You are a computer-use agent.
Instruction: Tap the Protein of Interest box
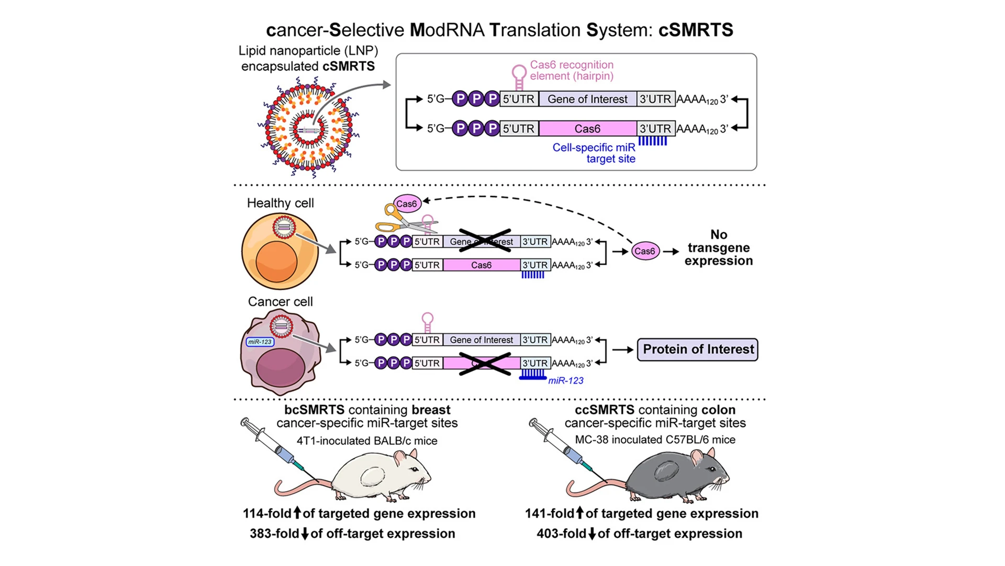(697, 350)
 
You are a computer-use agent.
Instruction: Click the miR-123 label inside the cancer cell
(260, 342)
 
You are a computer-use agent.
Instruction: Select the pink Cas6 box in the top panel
(587, 128)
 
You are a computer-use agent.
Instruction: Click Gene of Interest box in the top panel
(587, 99)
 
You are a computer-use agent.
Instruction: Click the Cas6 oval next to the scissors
(407, 204)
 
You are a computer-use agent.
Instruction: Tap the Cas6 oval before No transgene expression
(644, 251)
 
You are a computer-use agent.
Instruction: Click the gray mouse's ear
(697, 458)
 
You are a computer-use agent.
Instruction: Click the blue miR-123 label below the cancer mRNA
(565, 380)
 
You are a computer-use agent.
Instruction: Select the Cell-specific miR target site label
(594, 153)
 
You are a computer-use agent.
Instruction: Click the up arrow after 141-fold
(580, 513)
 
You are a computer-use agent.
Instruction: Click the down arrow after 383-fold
(305, 534)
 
